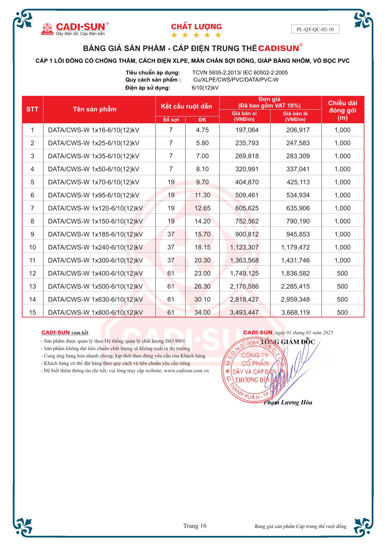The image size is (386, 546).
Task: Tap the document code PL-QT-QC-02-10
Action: (x=315, y=29)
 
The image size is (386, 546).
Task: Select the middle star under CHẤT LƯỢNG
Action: (x=196, y=35)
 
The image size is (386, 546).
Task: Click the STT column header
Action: (x=32, y=109)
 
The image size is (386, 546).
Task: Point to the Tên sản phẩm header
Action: (x=94, y=109)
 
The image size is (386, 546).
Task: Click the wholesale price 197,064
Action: (x=247, y=130)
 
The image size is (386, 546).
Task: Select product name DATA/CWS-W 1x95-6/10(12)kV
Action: (x=93, y=195)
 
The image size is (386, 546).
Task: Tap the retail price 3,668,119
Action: (x=295, y=312)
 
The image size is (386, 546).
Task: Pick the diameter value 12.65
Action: (x=202, y=208)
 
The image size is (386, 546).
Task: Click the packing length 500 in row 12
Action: (x=342, y=273)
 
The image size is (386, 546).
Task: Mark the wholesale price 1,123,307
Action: (x=244, y=247)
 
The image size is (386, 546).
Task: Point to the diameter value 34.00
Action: (x=202, y=312)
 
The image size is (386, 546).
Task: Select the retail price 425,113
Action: (x=298, y=182)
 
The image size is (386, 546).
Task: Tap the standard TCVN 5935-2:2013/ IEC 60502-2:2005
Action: (x=240, y=73)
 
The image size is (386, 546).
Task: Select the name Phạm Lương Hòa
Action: (x=288, y=403)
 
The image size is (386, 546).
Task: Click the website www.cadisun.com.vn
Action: (x=186, y=371)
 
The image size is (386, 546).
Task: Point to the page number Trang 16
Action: (x=195, y=526)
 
